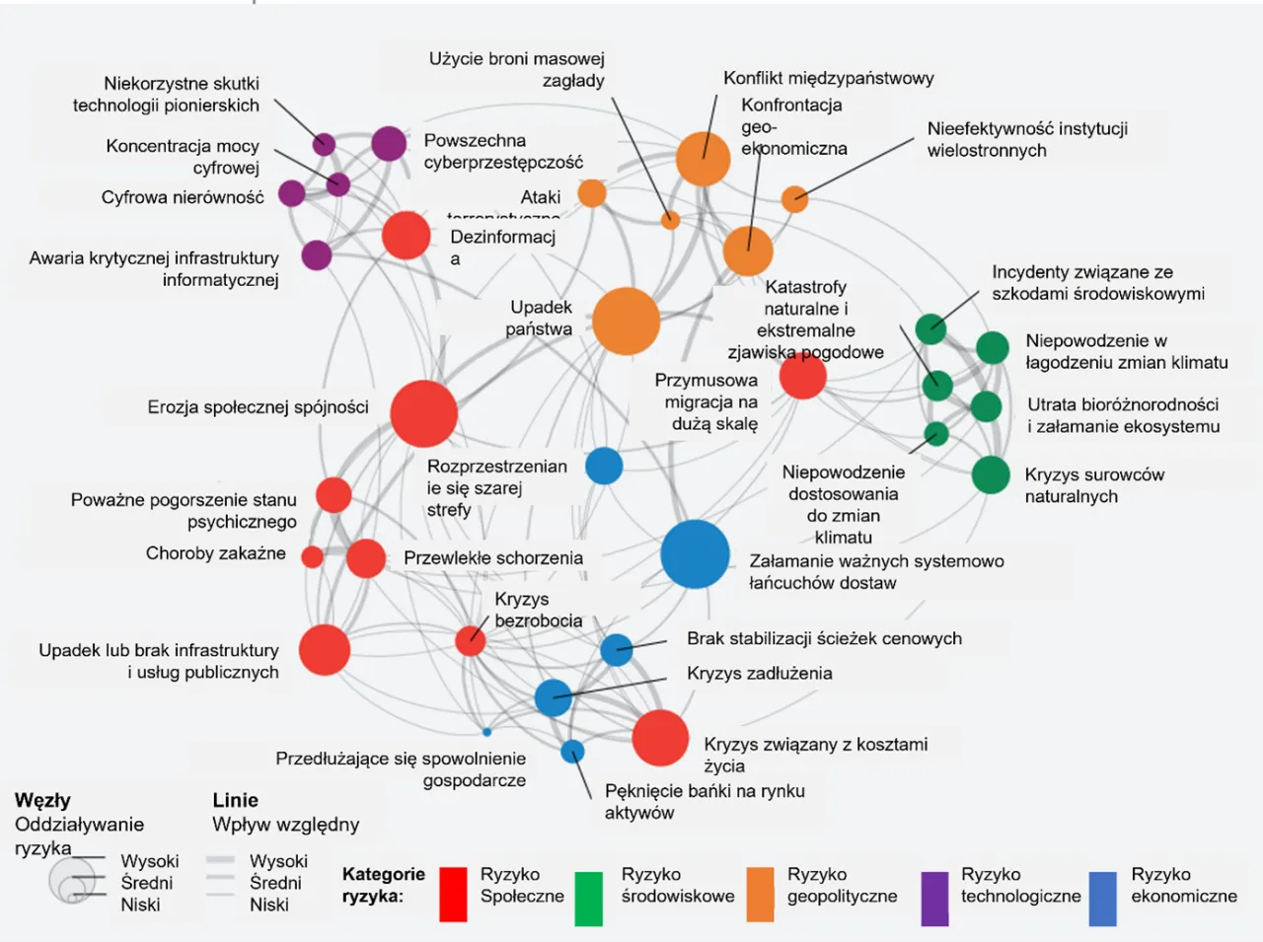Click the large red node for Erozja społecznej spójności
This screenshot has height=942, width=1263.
(x=424, y=413)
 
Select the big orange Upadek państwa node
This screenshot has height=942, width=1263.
(x=626, y=322)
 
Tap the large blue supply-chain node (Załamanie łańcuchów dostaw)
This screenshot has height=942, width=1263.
(x=695, y=554)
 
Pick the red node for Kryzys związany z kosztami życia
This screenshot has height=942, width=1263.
(x=659, y=738)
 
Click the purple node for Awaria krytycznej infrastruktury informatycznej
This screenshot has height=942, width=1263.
(x=316, y=255)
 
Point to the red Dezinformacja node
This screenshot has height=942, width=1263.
(x=406, y=236)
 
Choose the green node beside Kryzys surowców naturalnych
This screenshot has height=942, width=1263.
(x=991, y=474)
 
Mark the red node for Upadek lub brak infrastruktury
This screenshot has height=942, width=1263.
(x=325, y=650)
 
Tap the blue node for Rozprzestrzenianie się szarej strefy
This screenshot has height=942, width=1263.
(x=604, y=466)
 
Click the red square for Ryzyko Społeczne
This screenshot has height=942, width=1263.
(x=453, y=895)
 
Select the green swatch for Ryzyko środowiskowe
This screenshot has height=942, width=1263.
(x=588, y=898)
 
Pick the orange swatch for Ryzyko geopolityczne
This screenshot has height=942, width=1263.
(x=760, y=895)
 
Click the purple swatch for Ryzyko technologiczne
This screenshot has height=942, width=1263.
(x=934, y=898)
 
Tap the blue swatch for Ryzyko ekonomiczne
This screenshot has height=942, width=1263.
(x=1102, y=898)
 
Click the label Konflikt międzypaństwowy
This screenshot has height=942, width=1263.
(x=828, y=78)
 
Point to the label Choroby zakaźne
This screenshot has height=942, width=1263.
(x=215, y=553)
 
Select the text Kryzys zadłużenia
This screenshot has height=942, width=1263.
(x=759, y=674)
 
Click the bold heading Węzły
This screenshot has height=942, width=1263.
(x=42, y=800)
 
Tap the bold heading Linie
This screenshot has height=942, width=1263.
(x=235, y=800)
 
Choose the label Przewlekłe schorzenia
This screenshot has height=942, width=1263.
(x=493, y=558)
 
